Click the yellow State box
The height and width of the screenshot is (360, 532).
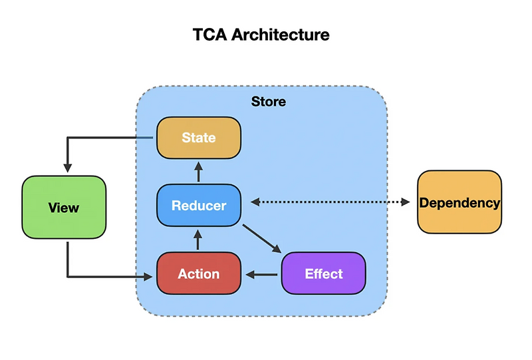tap(198, 138)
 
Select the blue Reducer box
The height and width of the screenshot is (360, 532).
tap(198, 206)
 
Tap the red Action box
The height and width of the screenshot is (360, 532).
tap(198, 273)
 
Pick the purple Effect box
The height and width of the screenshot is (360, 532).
tap(324, 273)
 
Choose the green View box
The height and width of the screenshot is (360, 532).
tap(64, 208)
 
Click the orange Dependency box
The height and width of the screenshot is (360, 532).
tap(460, 202)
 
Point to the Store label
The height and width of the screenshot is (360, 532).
tap(269, 102)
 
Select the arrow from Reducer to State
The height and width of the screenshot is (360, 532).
tap(198, 172)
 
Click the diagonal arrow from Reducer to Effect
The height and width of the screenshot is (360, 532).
tap(261, 239)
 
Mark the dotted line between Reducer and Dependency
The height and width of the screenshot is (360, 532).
tap(329, 202)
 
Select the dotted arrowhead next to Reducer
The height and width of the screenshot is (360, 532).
tap(252, 202)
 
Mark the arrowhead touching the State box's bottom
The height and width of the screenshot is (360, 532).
tap(198, 163)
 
